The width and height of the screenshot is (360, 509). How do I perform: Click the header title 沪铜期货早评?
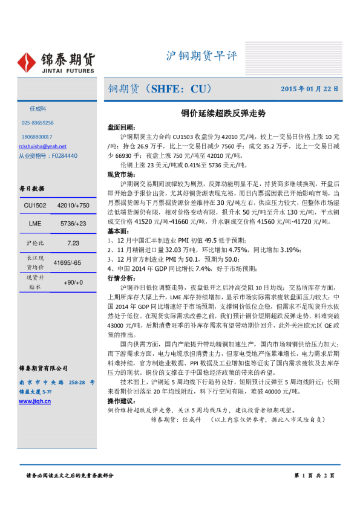click(201, 56)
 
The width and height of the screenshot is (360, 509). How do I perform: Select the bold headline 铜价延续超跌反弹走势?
click(223, 113)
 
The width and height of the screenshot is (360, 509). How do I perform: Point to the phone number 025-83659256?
click(38, 123)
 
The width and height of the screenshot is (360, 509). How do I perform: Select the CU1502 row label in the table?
click(35, 206)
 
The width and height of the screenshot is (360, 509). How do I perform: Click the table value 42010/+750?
click(74, 206)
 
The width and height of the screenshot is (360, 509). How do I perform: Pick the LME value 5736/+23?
click(74, 224)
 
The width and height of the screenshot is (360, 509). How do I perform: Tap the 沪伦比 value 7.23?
click(74, 243)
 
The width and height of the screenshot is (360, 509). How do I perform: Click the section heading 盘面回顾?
click(121, 128)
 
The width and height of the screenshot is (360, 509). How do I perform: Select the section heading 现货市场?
click(121, 174)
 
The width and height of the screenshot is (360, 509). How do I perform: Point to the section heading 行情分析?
click(121, 278)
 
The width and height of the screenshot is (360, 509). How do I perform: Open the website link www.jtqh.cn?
click(35, 401)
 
